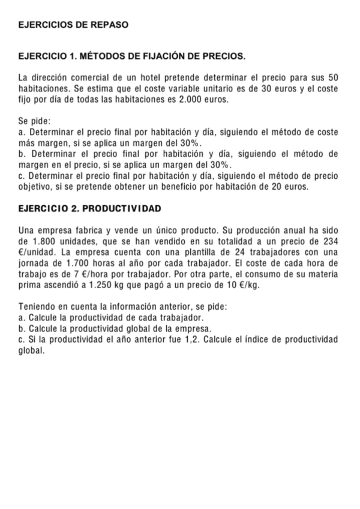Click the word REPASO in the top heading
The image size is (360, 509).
pyautogui.click(x=109, y=26)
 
